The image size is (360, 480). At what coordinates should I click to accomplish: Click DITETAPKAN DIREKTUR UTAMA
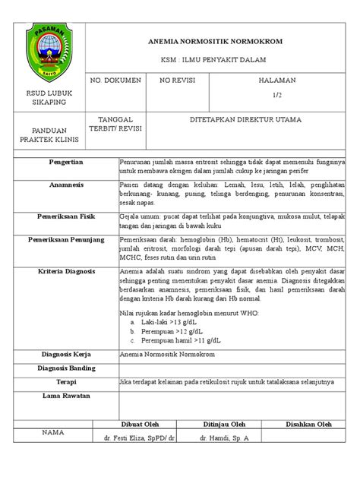point(245,120)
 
